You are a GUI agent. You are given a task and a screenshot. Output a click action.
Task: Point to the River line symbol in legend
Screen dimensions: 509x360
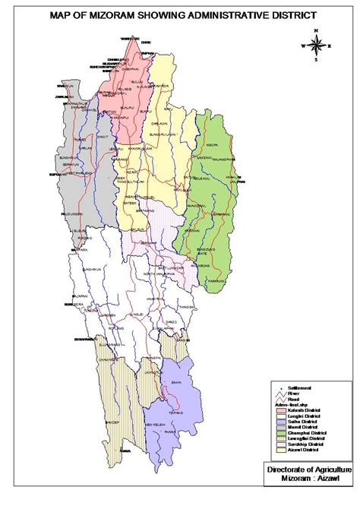pos(283,394)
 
